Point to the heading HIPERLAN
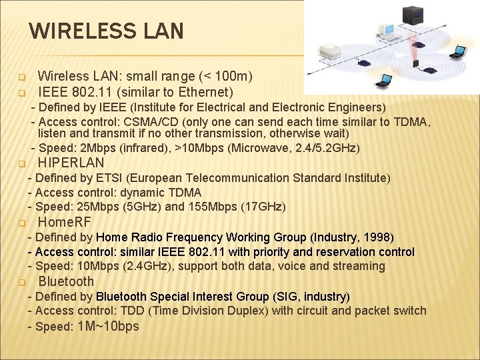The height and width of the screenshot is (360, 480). point(71,163)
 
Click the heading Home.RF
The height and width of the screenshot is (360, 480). point(65,222)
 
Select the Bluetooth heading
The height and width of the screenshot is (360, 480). point(66,281)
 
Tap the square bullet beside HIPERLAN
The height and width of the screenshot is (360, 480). point(21,163)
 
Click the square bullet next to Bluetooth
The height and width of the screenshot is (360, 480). point(21,281)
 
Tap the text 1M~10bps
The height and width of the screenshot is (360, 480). point(109,326)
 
